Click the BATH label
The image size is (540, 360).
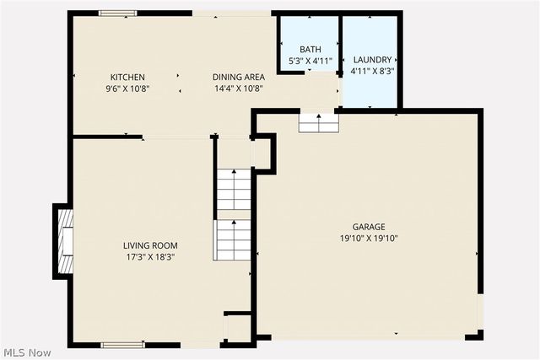(x=310, y=50)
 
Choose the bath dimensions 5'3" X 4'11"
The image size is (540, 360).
(x=310, y=61)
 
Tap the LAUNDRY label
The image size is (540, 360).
(x=372, y=60)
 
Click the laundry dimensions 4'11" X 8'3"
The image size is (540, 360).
(x=372, y=71)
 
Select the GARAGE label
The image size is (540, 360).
(x=369, y=227)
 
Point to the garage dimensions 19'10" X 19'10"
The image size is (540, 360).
(x=369, y=238)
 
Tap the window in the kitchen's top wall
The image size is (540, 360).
(x=117, y=13)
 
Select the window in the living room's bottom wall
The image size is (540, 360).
(x=122, y=344)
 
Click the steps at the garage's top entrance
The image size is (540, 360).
(x=319, y=124)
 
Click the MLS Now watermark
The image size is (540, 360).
(x=28, y=352)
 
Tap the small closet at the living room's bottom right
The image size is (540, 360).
(x=238, y=327)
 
